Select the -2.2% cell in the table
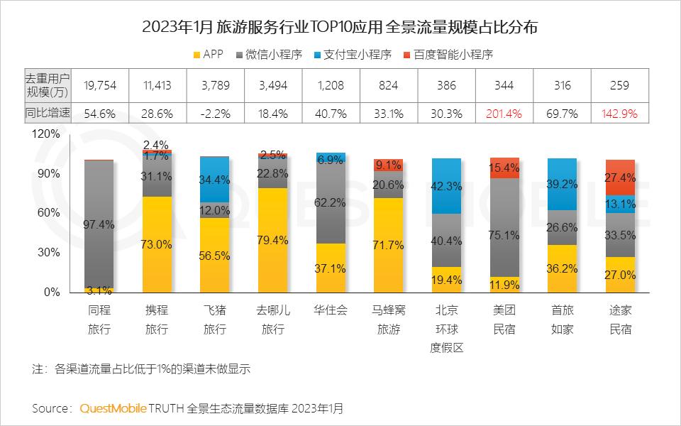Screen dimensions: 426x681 tap(216, 113)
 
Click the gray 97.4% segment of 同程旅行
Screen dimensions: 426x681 tap(99, 224)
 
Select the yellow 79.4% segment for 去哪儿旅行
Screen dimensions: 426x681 tap(273, 240)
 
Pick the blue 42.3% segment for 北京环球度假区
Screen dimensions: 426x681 tap(448, 186)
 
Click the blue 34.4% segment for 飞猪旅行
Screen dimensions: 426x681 tap(215, 180)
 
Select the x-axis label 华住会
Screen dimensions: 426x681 tap(331, 310)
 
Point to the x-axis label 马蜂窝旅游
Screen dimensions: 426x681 tap(389, 319)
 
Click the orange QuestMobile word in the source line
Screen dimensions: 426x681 tap(113, 408)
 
